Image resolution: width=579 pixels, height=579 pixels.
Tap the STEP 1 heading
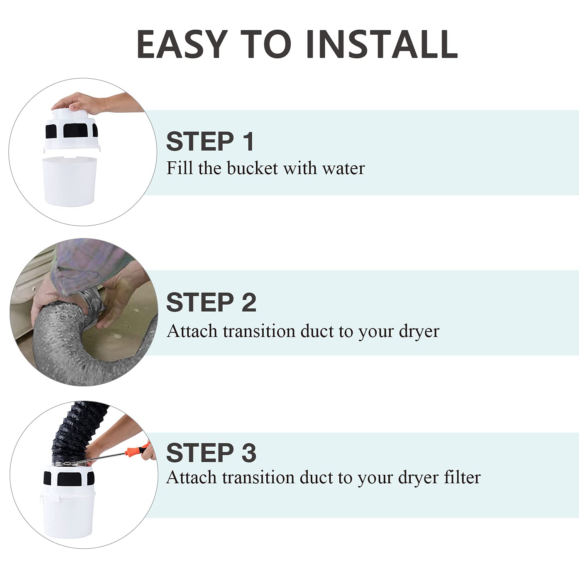pos(210,141)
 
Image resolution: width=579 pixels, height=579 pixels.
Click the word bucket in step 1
pos(252,168)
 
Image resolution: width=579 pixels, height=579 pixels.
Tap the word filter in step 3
pos(462,477)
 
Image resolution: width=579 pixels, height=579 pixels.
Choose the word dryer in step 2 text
pos(419,332)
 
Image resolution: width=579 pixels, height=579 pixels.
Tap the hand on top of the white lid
pos(77,103)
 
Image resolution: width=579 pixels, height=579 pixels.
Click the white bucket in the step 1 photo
pos(69,180)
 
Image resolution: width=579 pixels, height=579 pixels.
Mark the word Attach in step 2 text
pos(193,332)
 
